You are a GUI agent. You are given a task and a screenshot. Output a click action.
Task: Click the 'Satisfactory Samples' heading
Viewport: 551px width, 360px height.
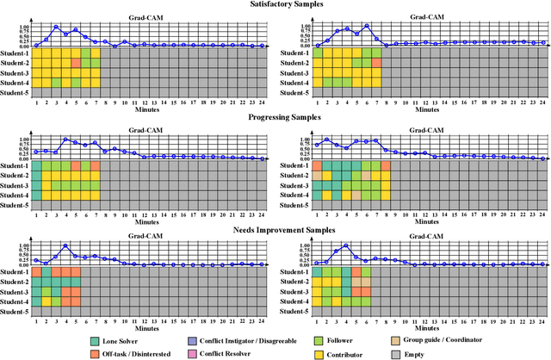(x=275, y=4)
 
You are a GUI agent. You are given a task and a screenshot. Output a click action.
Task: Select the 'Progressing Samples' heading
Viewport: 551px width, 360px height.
(x=275, y=117)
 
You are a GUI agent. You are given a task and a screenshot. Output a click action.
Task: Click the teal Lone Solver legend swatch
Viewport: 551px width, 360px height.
(x=95, y=340)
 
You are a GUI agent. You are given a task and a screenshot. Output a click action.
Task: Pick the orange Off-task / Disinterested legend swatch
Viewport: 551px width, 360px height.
(x=95, y=353)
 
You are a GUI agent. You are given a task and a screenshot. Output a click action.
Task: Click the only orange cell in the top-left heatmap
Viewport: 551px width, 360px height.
(x=76, y=63)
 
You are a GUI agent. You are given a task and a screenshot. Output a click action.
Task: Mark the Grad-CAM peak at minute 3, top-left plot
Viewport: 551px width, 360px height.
(x=56, y=27)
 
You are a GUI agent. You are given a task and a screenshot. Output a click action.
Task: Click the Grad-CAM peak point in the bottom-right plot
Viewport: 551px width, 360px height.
(x=347, y=245)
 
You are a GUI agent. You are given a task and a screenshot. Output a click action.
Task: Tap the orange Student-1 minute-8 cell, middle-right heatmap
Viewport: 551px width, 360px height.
(x=387, y=165)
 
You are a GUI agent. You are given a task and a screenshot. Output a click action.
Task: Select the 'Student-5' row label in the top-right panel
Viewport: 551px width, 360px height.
(x=294, y=92)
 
